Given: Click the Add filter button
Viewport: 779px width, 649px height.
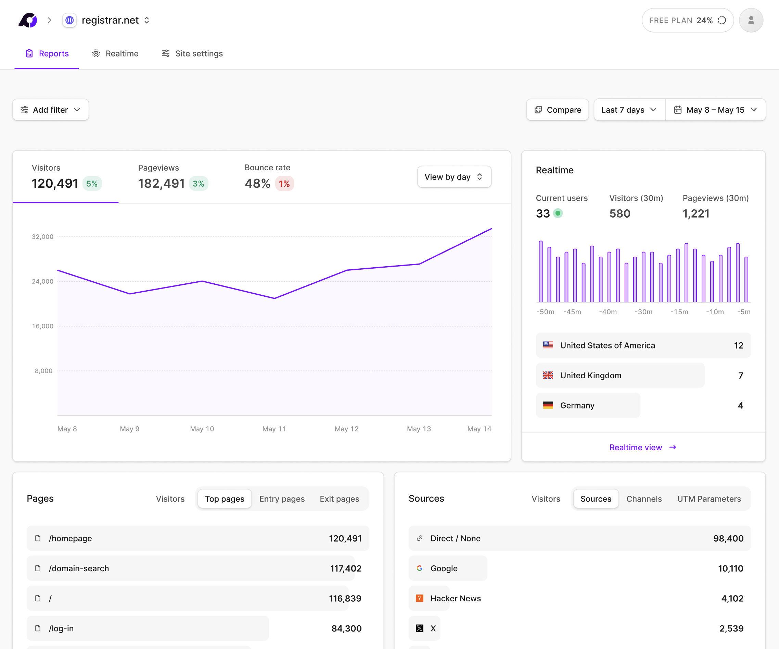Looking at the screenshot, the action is pyautogui.click(x=50, y=110).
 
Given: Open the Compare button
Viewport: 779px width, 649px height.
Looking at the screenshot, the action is pyautogui.click(x=557, y=110).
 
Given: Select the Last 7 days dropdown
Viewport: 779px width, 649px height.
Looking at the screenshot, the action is pyautogui.click(x=629, y=110).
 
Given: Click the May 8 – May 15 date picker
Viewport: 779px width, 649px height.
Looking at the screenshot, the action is pyautogui.click(x=716, y=110).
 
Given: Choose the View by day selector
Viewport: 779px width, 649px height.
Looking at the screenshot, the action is pyautogui.click(x=454, y=177).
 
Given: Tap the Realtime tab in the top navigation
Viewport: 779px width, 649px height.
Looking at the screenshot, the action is pyautogui.click(x=115, y=53).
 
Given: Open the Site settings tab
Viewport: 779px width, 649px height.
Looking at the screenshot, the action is pyautogui.click(x=192, y=53).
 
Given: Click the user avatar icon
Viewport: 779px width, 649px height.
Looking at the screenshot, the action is pyautogui.click(x=751, y=20).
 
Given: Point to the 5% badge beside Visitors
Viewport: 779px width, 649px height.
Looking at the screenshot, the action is pyautogui.click(x=92, y=183).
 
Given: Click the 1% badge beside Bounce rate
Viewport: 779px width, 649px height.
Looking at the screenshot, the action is pyautogui.click(x=284, y=183).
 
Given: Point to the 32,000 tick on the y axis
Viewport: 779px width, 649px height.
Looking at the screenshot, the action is pyautogui.click(x=43, y=236).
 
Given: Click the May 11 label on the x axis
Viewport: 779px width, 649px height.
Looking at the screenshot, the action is pyautogui.click(x=274, y=429).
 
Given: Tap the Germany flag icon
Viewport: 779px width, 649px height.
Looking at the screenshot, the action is pyautogui.click(x=548, y=405).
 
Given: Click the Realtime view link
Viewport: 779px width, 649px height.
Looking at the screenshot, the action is pyautogui.click(x=643, y=448).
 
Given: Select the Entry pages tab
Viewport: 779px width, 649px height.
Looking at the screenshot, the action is pyautogui.click(x=282, y=499).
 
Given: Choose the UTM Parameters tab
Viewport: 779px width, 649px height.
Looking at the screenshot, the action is pyautogui.click(x=709, y=499).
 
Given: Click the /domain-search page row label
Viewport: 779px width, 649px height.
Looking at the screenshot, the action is pyautogui.click(x=79, y=568).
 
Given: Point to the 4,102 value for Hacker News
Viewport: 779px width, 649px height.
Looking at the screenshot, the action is pyautogui.click(x=732, y=598).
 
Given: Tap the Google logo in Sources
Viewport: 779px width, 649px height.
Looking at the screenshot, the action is pyautogui.click(x=420, y=568).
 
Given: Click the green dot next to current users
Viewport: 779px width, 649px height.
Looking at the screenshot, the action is pyautogui.click(x=558, y=213).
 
